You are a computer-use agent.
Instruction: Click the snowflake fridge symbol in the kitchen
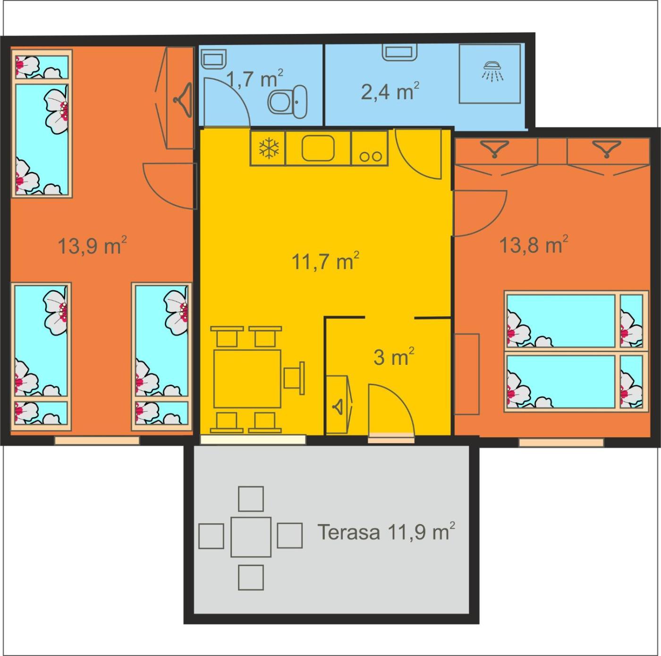coord(269,148)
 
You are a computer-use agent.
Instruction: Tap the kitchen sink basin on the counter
coord(318,148)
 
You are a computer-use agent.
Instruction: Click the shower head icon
coord(492,71)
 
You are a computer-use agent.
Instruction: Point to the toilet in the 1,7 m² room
coord(288,102)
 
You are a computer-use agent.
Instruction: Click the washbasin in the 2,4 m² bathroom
coord(400,52)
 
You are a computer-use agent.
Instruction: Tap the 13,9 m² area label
coord(92,245)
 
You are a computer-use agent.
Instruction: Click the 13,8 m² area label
coord(533,244)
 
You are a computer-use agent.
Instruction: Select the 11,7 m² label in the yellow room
coord(325,261)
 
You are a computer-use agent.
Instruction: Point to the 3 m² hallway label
coord(394,357)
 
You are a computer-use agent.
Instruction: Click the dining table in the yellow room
coord(247,379)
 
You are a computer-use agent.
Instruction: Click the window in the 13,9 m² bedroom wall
coord(97,440)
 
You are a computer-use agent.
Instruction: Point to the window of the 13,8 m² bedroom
coord(561,443)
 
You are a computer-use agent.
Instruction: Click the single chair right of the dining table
coord(294,378)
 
